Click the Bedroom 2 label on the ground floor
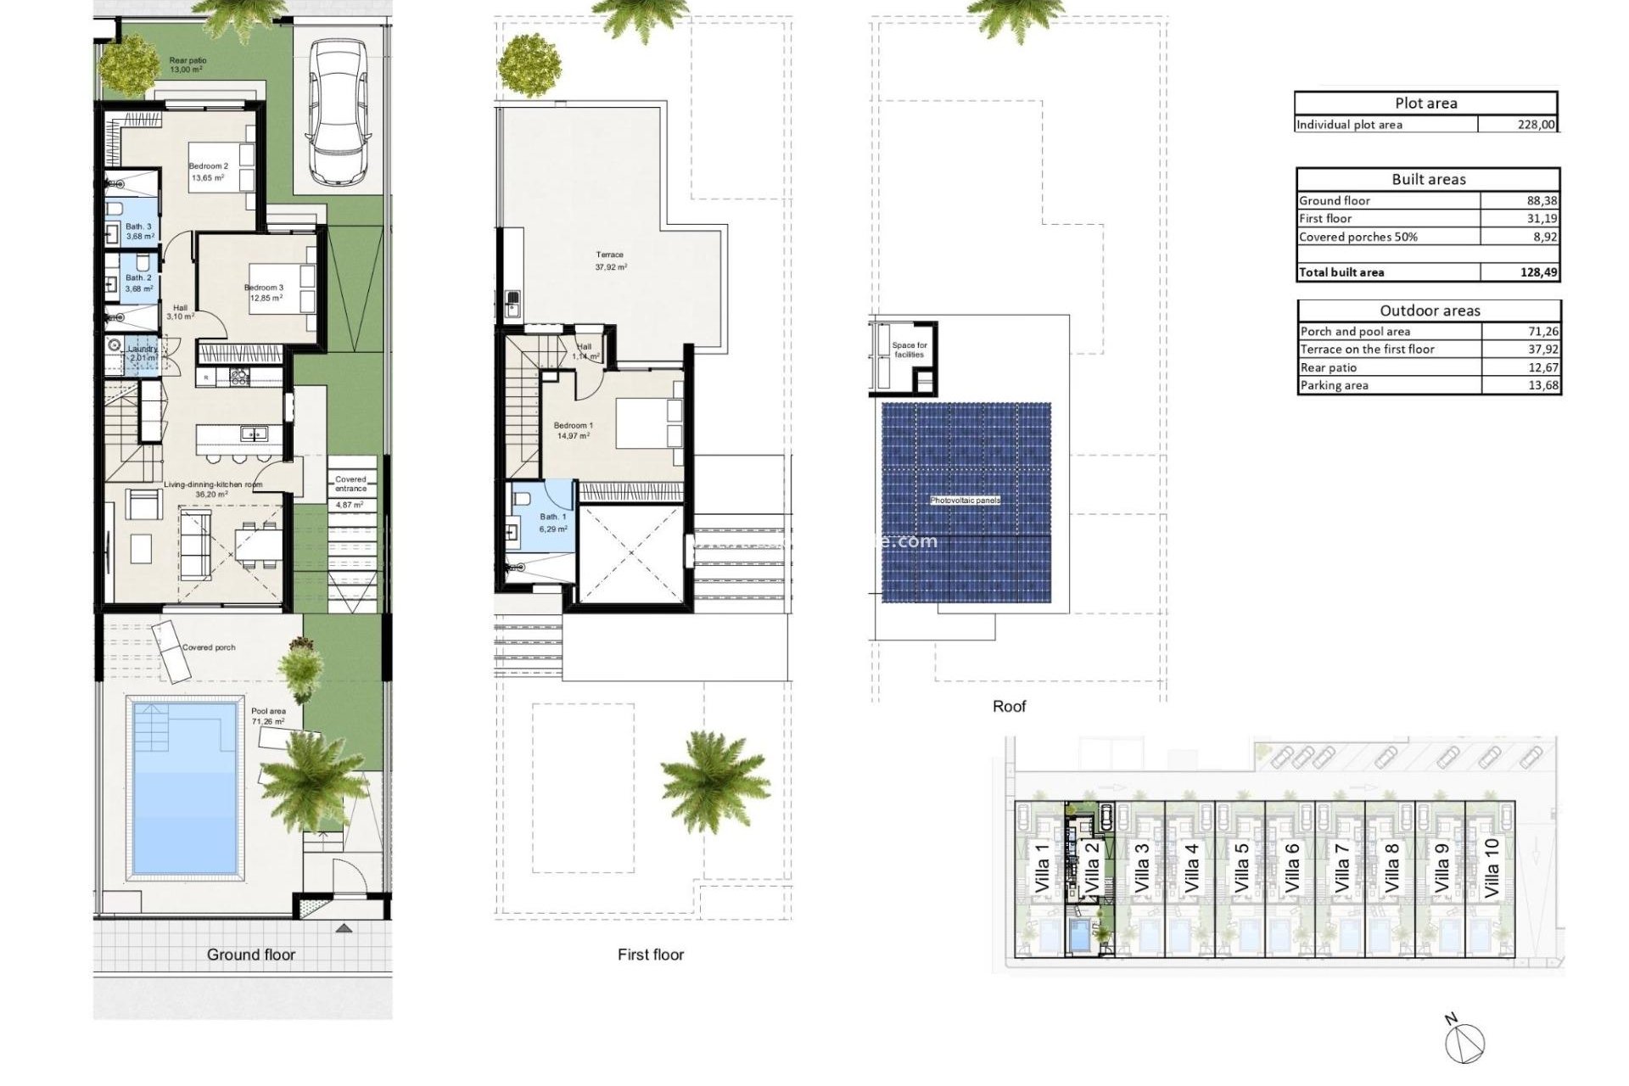[x=208, y=166]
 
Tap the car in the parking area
[x=338, y=112]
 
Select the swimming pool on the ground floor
[x=184, y=787]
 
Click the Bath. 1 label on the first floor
[x=552, y=517]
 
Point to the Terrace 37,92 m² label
[x=610, y=260]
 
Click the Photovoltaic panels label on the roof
[x=965, y=501]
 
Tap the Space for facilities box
[x=909, y=350]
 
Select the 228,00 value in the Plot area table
[x=1536, y=125]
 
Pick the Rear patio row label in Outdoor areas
[x=1329, y=367]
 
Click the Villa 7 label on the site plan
[x=1341, y=868]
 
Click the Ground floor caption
[x=251, y=954]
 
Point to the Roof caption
[x=1009, y=706]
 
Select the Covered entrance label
[x=350, y=484]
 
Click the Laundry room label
[x=143, y=349]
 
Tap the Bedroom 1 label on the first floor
[x=574, y=426]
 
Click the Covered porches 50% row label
[x=1358, y=237]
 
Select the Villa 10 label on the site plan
[x=1491, y=868]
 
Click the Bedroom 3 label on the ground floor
[x=265, y=288]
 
